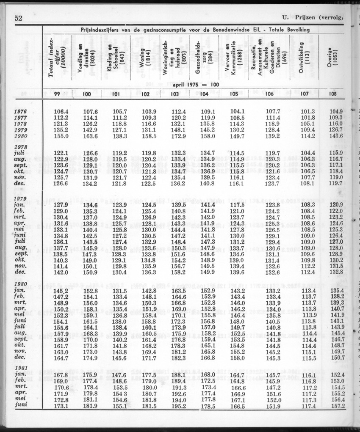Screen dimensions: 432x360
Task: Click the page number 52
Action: click(x=18, y=18)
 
